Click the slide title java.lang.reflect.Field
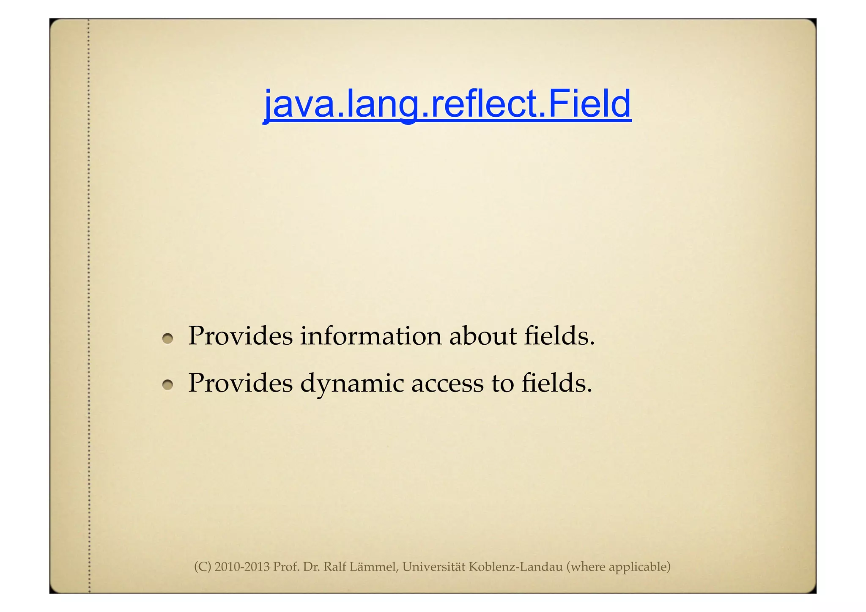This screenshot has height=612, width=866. tap(447, 104)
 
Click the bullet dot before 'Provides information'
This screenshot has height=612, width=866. tap(168, 338)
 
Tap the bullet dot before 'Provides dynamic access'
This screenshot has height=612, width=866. tap(168, 384)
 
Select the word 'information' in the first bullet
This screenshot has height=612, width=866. tap(371, 336)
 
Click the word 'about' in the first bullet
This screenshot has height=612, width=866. tap(482, 336)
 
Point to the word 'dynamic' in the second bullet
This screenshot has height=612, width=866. tap(352, 384)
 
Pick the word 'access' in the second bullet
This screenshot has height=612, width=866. tap(447, 384)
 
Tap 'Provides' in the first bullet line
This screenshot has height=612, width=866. tap(240, 336)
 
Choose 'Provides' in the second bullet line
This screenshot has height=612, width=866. tap(240, 383)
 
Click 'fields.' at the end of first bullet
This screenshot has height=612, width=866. tap(559, 336)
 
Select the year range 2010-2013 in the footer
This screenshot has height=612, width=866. tap(242, 567)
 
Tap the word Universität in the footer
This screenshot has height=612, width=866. tap(433, 567)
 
